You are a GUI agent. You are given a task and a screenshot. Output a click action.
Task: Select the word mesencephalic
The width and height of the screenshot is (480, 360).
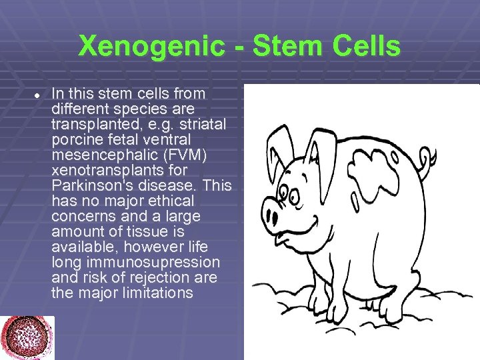pos(101,155)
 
